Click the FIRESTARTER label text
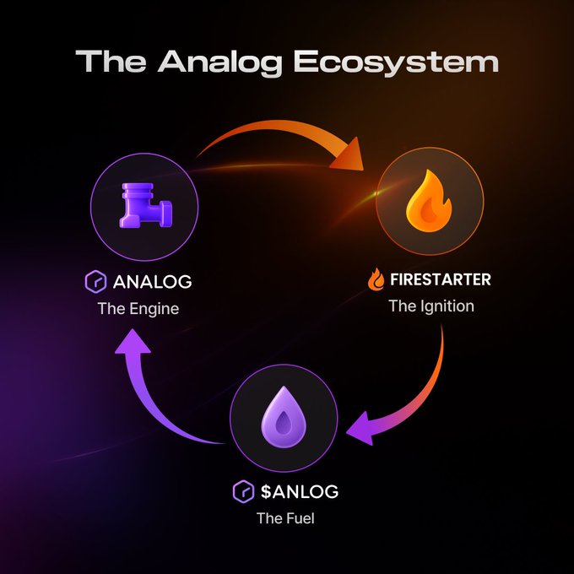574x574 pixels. (x=440, y=279)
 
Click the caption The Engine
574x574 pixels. (x=138, y=308)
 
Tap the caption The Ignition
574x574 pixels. (x=430, y=306)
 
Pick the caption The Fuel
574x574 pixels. (x=285, y=517)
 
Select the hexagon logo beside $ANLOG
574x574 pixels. (x=242, y=490)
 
